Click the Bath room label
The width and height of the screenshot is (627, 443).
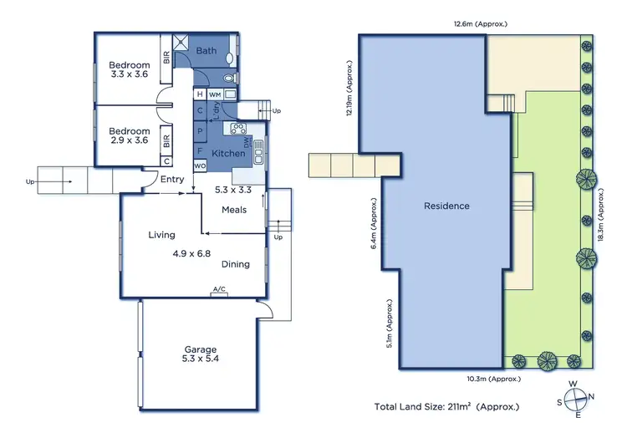206,51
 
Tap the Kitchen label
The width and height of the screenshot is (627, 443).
227,154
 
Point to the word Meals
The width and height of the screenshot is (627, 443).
234,210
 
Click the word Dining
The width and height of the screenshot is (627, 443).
236,264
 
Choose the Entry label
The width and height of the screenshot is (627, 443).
172,179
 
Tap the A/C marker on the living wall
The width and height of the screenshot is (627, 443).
219,289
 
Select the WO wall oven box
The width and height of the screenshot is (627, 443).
200,166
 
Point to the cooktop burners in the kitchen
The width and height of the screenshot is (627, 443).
237,129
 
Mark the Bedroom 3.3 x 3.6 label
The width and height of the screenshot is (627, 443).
130,70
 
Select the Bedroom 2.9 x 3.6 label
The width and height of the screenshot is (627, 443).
130,135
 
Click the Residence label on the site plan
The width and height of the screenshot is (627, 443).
446,206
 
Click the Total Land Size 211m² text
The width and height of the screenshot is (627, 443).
446,406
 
